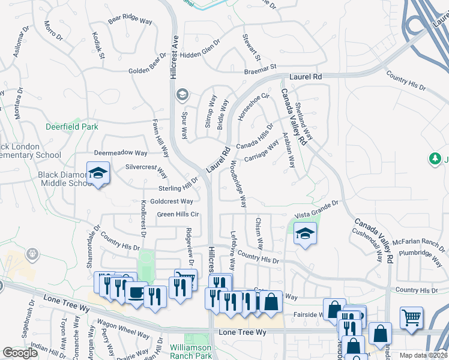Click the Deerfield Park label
click(x=72, y=127)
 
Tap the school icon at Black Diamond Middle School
click(x=97, y=174)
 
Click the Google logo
click(x=20, y=353)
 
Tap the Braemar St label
click(x=261, y=68)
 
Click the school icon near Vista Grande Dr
click(x=305, y=234)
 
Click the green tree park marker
click(x=435, y=159)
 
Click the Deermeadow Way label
click(x=121, y=153)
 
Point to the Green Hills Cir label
click(x=178, y=214)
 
